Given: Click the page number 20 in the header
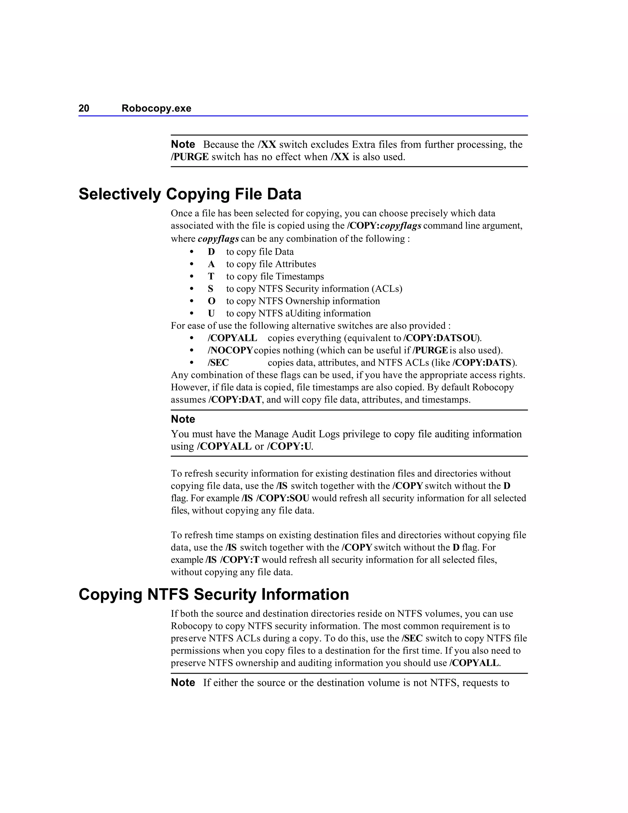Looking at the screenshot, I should coord(84,108).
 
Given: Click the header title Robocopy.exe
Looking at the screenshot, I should coord(156,108).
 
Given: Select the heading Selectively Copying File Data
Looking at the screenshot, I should coord(190,194).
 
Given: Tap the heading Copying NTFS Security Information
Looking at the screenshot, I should coord(213,595).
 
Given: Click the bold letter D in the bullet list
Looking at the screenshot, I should coord(211,252).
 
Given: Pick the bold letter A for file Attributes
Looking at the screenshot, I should coord(211,264).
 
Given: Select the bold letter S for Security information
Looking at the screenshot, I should coord(211,289).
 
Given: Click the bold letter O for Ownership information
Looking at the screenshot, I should coord(211,301).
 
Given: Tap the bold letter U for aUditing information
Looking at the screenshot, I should coord(211,314).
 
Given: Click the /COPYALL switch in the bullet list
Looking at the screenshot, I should coord(232,338).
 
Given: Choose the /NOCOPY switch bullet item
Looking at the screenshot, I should coord(230,350).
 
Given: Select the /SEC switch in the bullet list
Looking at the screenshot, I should coord(218,363).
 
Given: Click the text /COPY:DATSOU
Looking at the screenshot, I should coord(441,338).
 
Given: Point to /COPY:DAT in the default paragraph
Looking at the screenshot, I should coord(235,400).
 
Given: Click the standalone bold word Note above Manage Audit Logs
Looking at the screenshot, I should coord(183,419).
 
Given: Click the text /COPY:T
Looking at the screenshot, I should coord(239,560).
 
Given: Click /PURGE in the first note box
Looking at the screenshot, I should coord(190,157).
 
